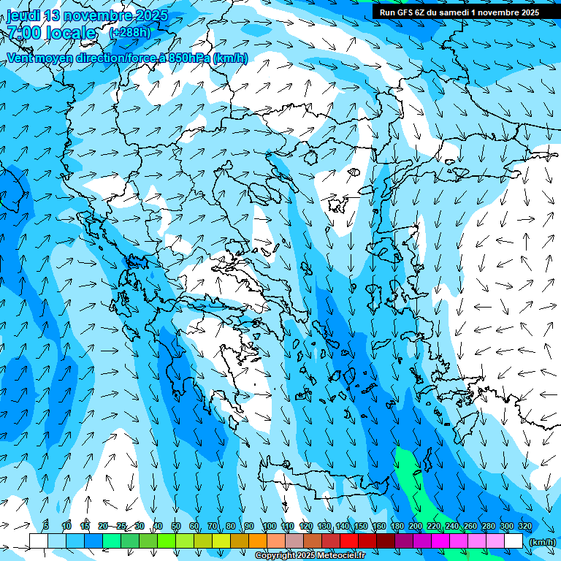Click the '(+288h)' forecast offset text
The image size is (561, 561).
click(129, 32)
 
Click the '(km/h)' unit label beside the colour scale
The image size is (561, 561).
click(543, 542)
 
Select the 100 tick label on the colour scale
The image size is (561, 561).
click(270, 526)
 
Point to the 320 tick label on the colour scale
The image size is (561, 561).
click(525, 526)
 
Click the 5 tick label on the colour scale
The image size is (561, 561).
click(46, 526)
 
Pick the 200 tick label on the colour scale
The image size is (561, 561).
click(416, 526)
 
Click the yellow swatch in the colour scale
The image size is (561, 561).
click(221, 541)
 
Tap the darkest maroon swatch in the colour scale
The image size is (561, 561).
click(386, 541)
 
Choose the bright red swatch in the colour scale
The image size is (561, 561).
click(349, 541)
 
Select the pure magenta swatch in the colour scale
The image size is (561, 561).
click(440, 541)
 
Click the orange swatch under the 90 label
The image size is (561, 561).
click(258, 541)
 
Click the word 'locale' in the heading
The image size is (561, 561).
click(69, 33)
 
